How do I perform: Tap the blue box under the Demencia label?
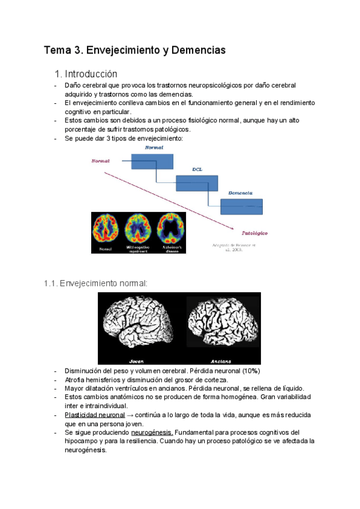[241, 206]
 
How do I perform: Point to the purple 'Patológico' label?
[254, 232]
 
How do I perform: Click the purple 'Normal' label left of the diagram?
[100, 161]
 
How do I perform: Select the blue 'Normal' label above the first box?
[154, 147]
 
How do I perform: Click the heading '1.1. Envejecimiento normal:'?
[95, 283]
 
